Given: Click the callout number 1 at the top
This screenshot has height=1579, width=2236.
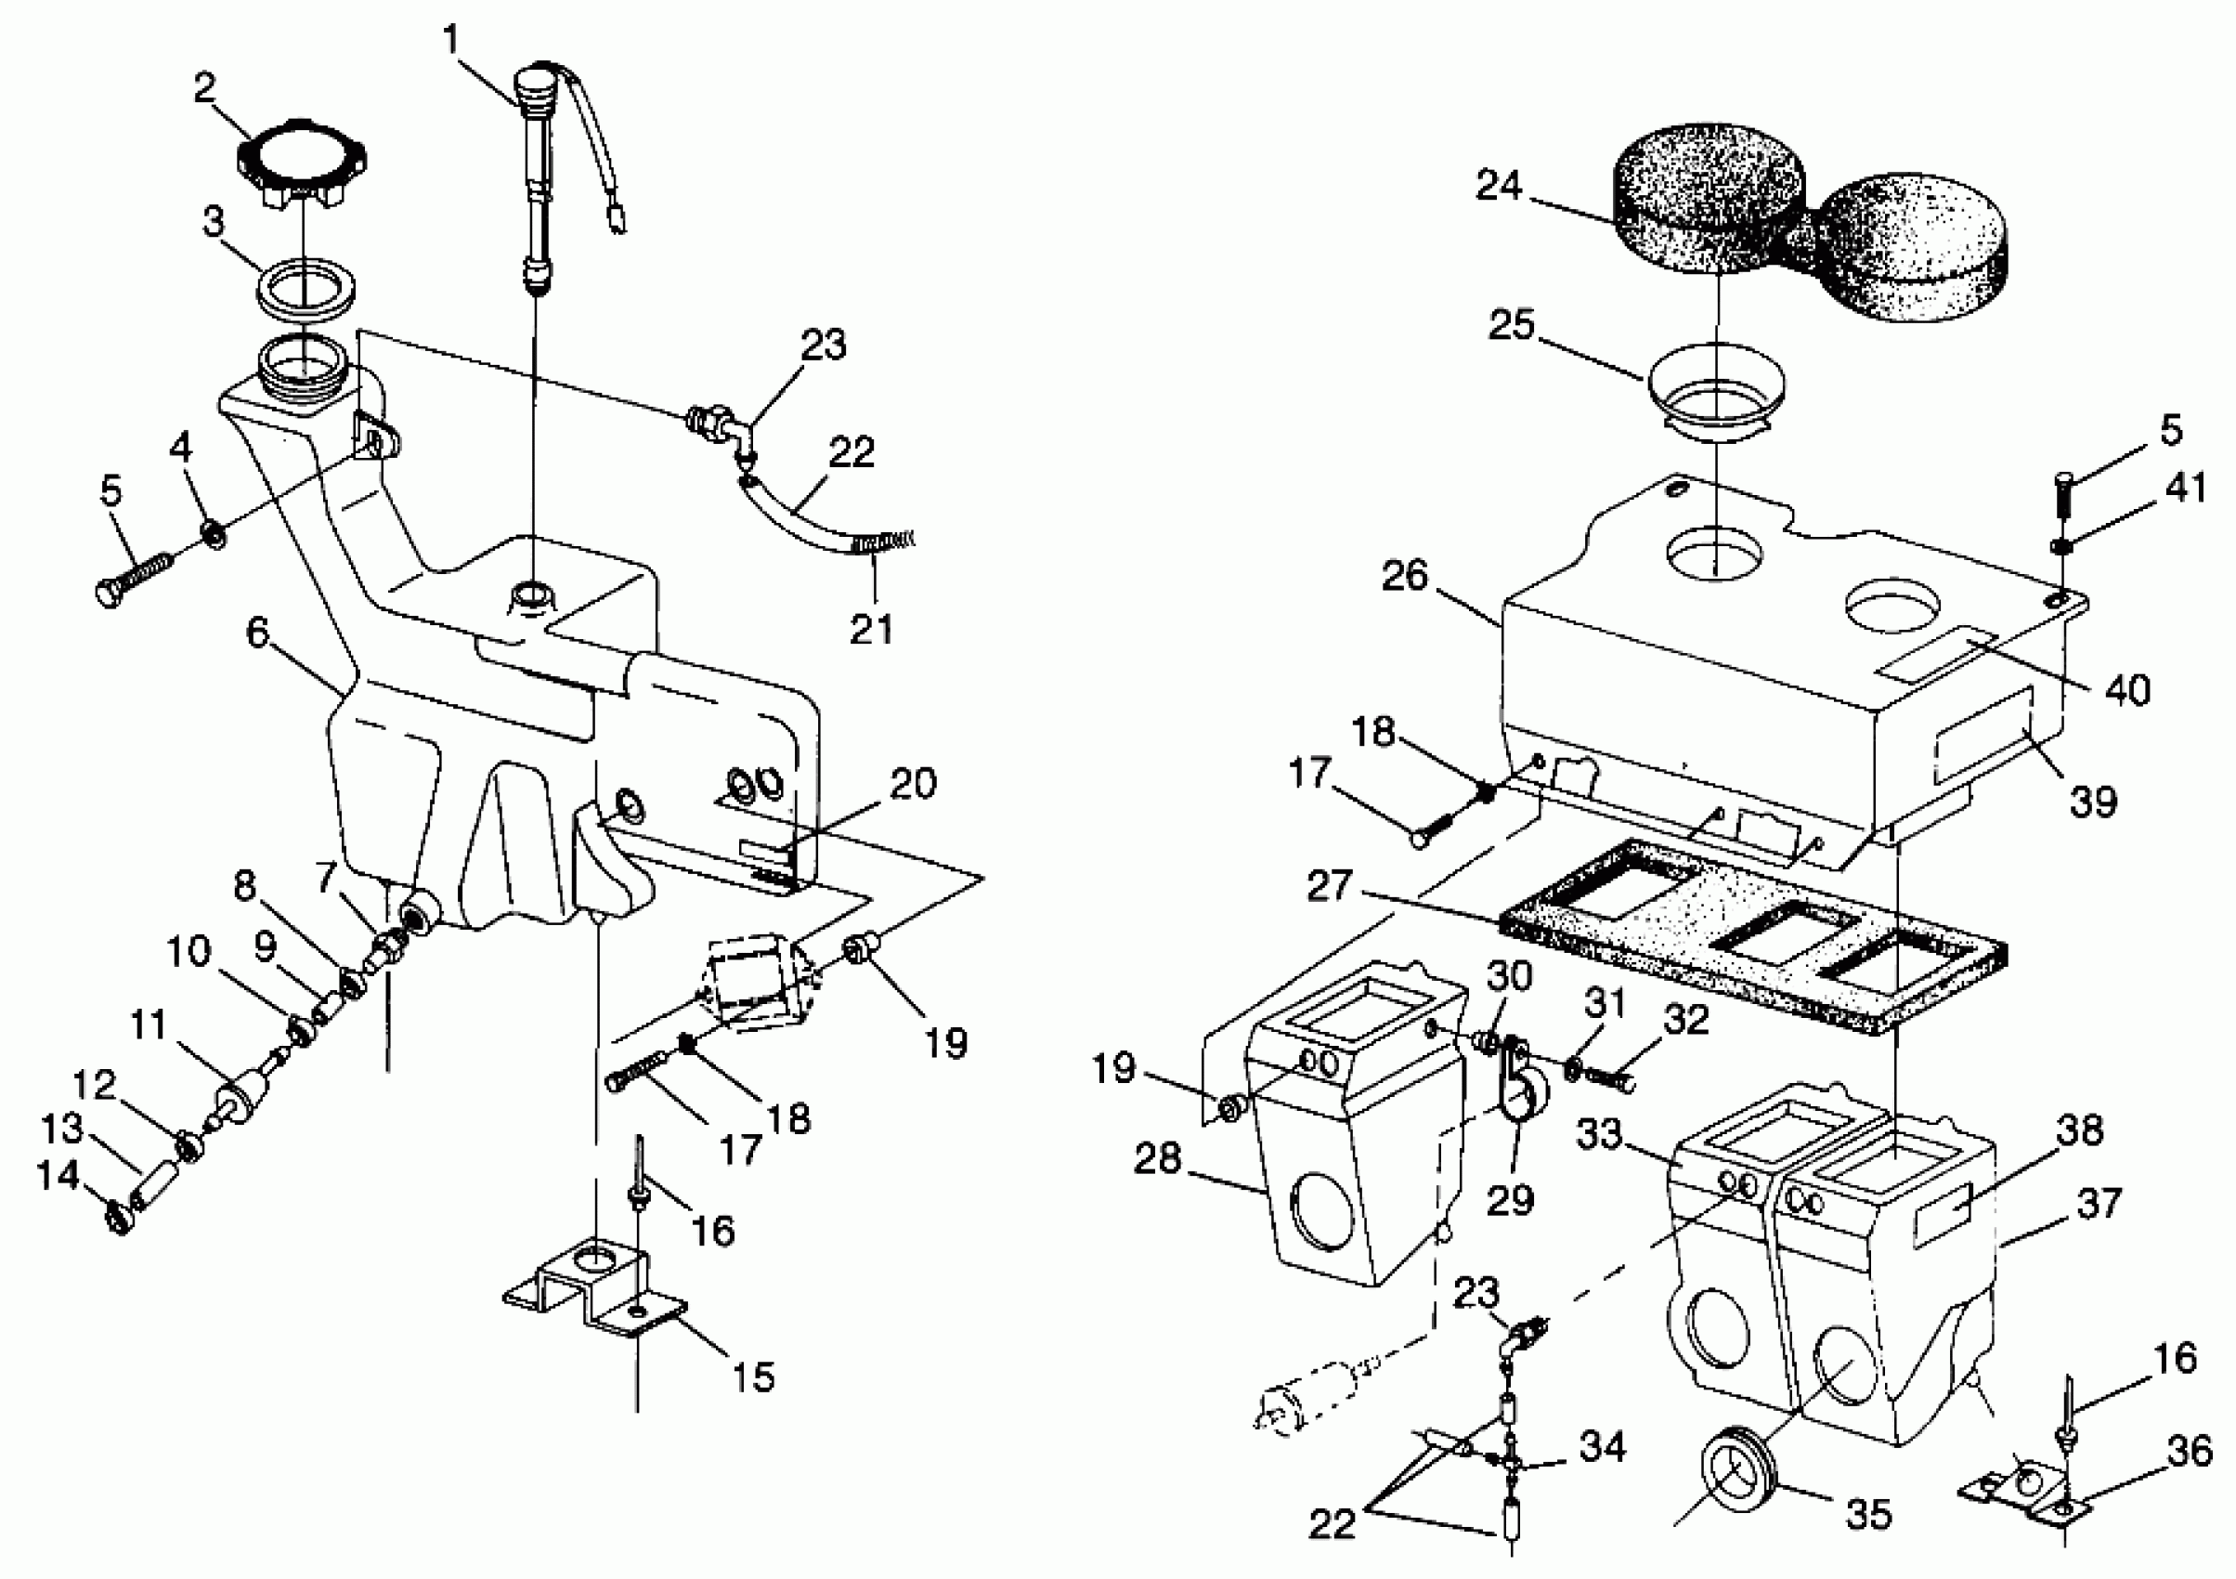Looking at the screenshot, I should (x=451, y=39).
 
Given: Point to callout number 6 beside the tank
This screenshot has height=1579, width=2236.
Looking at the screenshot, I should (x=257, y=633).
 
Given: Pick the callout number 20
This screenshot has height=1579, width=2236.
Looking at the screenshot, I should (x=913, y=782).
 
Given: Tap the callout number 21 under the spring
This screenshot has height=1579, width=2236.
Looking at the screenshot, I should (x=872, y=629).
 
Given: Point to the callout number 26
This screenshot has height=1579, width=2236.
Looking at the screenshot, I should (x=1405, y=576).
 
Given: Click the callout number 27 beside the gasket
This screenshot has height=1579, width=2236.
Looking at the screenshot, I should (x=1331, y=885).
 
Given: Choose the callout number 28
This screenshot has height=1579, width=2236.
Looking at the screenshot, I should (x=1157, y=1158).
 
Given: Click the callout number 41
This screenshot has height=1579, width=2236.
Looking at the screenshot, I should (x=2188, y=487).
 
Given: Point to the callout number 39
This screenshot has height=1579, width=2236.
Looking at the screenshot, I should (x=2093, y=801).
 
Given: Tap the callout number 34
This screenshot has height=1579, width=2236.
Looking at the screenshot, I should (x=1602, y=1446).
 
